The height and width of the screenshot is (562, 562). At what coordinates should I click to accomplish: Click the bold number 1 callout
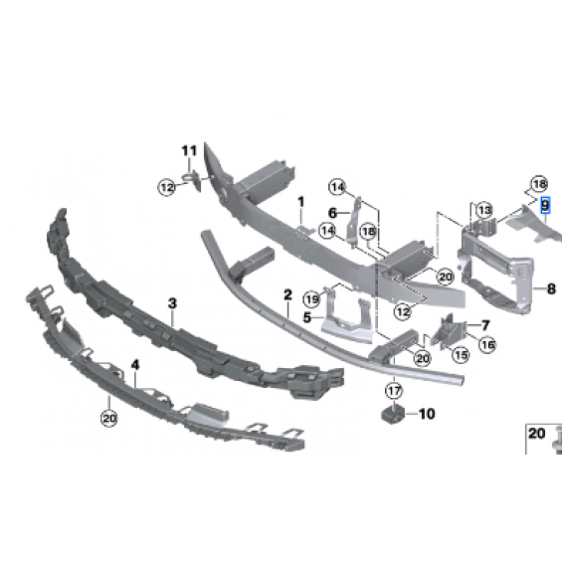[x=301, y=202]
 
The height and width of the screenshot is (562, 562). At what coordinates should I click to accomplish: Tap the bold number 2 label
[x=287, y=295]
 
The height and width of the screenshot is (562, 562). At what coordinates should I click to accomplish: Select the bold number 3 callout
[x=172, y=303]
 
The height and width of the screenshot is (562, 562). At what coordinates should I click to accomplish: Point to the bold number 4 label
[x=135, y=365]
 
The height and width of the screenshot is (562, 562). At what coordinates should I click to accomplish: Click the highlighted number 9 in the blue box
[x=545, y=205]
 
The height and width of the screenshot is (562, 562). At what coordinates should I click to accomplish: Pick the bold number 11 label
[x=189, y=150]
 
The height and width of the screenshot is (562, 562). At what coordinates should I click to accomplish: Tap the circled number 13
[x=484, y=210]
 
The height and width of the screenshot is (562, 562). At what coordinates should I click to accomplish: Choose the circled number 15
[x=461, y=355]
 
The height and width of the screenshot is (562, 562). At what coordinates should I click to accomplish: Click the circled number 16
[x=487, y=344]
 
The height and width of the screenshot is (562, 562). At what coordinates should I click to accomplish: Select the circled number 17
[x=394, y=391]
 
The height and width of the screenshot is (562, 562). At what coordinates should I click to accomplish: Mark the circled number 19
[x=311, y=299]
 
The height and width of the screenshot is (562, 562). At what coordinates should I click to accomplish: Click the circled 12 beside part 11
[x=167, y=187]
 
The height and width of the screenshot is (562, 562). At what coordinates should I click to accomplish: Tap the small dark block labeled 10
[x=392, y=414]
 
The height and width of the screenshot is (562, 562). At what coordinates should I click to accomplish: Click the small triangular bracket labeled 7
[x=449, y=331]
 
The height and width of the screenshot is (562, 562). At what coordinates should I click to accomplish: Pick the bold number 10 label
[x=427, y=414]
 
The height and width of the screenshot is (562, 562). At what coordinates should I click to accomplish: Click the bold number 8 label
[x=552, y=288]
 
